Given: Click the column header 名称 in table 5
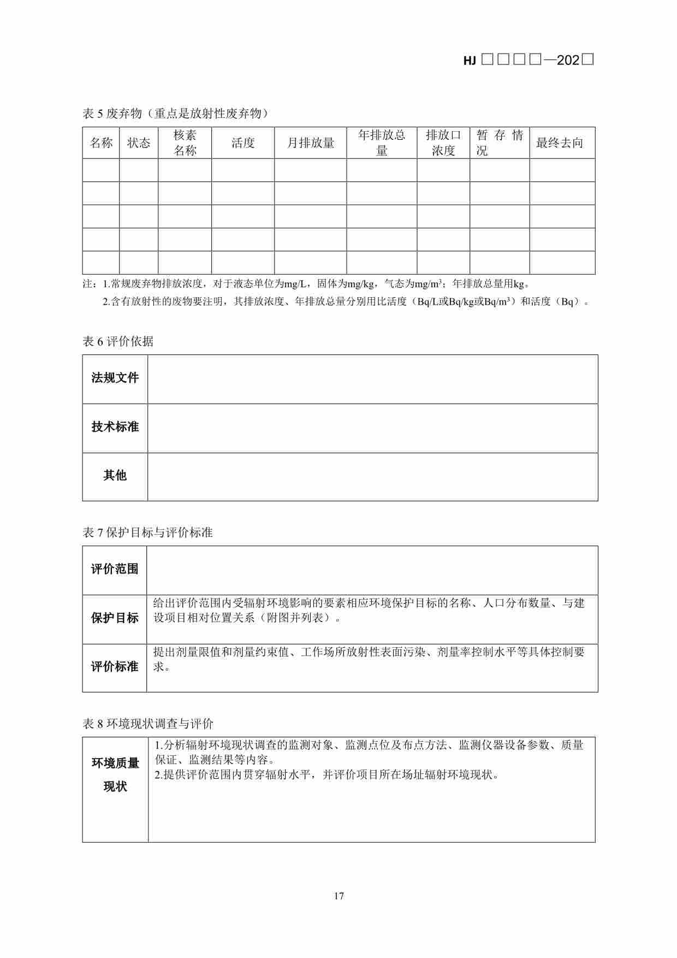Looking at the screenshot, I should click(101, 143).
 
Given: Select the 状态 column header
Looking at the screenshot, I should click(139, 143).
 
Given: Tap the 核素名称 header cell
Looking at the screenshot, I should click(185, 143).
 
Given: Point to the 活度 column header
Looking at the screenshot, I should click(243, 143).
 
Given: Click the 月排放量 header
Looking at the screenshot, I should click(311, 143).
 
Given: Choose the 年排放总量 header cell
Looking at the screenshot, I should click(382, 143).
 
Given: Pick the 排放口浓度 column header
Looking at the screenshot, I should click(443, 143).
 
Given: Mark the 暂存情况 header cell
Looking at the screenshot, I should click(500, 143).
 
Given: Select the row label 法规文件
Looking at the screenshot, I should click(115, 378).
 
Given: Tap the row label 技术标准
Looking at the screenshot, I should click(115, 427).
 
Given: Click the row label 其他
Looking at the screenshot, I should click(115, 476).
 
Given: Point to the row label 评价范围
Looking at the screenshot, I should click(115, 569).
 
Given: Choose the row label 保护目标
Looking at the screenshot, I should click(115, 618).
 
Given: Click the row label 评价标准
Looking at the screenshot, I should click(115, 667).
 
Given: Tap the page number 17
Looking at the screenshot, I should click(339, 896).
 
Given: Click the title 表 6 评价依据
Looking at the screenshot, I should click(118, 341).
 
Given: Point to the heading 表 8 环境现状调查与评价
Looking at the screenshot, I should click(148, 724).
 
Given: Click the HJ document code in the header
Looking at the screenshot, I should click(528, 60).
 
